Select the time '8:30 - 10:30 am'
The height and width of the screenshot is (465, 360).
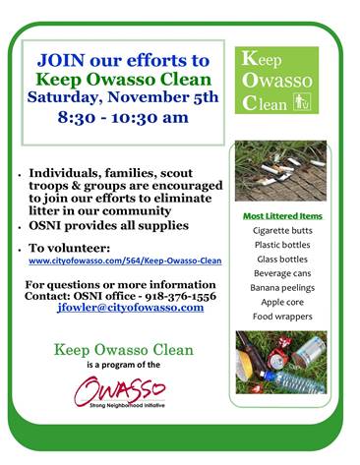tap(123, 117)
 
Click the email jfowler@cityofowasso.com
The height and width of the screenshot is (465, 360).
tap(131, 307)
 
